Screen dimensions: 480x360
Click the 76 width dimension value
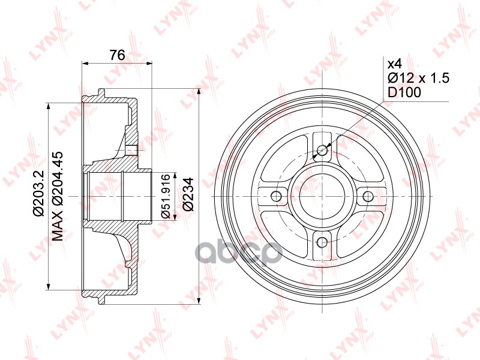coord(117,55)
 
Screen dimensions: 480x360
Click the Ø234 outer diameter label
coord(188,194)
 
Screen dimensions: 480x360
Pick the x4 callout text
coord(395,64)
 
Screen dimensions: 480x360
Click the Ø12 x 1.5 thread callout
coord(418,78)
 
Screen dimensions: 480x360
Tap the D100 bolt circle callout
coord(404,92)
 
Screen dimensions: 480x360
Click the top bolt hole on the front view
coord(322,150)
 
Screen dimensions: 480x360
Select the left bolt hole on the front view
coord(277,196)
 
